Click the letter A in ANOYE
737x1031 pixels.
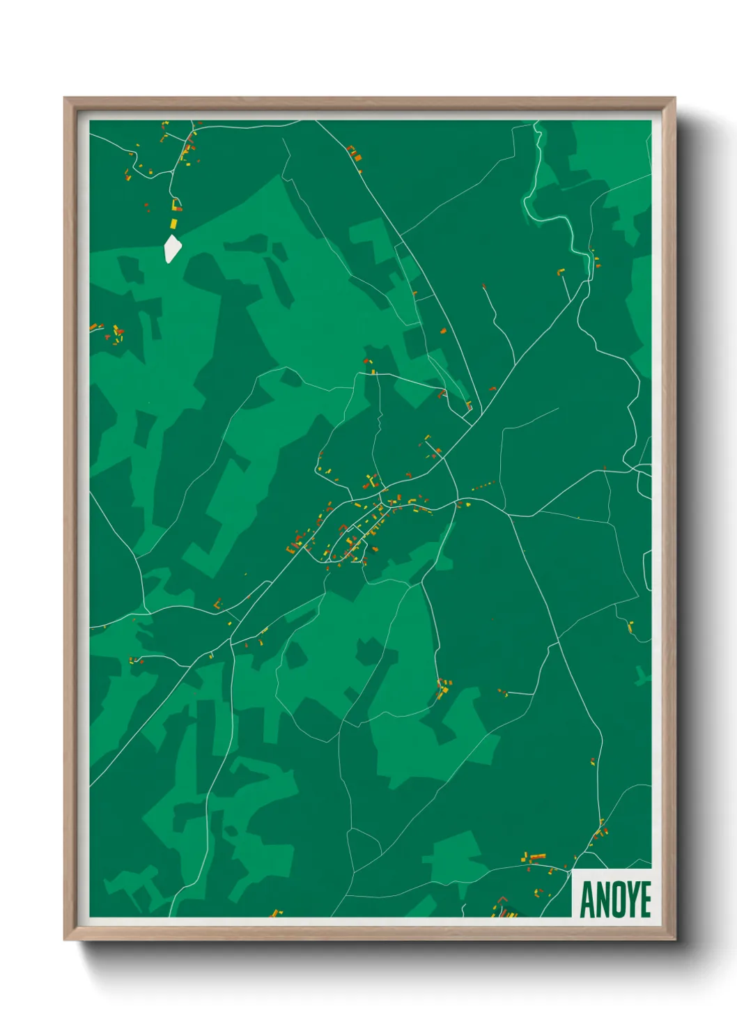coord(587,900)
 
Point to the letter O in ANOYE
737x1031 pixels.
coord(616,900)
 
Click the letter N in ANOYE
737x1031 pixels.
coord(601,900)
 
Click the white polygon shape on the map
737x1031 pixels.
coord(172,249)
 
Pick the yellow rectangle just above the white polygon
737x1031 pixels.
coord(174,223)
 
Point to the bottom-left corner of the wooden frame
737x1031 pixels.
coord(65,938)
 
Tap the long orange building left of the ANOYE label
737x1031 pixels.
coord(537,856)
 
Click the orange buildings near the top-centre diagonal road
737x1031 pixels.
coord(355,154)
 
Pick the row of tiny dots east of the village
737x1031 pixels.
coord(483,485)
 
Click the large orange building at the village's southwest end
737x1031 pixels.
coord(292,549)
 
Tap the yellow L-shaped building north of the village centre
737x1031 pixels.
coord(373,481)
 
